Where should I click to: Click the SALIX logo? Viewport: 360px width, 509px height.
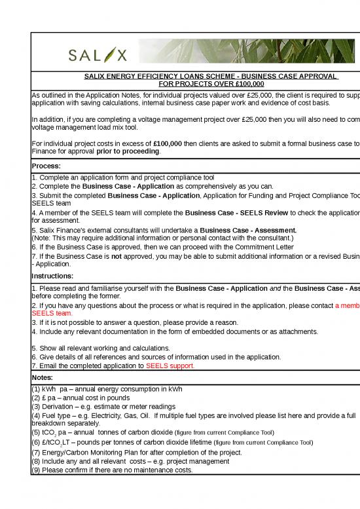pos(98,52)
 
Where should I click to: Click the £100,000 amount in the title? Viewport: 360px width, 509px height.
pos(244,85)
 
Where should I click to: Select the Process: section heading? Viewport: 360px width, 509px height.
pos(46,166)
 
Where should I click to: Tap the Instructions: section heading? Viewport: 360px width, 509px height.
pos(52,277)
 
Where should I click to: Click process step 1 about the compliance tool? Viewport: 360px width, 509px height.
pos(122,178)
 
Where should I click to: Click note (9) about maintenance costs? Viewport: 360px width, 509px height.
pos(115,470)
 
